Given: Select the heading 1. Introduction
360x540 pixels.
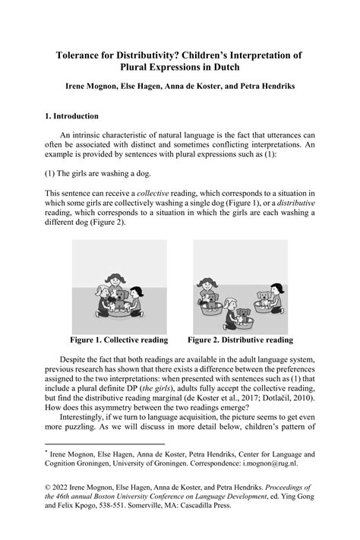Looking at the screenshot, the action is (72, 116).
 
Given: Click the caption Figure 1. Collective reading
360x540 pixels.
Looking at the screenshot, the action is (119, 339).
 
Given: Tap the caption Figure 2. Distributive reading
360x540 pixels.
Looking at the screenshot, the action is (240, 339).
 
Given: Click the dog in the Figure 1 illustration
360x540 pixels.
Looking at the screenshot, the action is (118, 298).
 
